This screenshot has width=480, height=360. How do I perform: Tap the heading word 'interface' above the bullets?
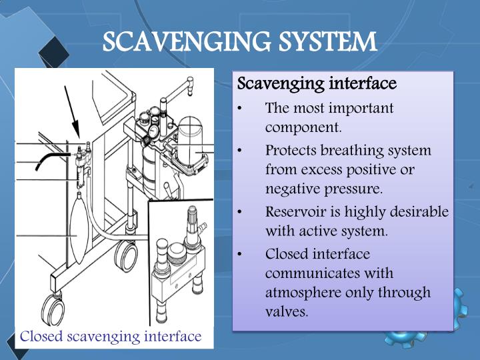pos(363,84)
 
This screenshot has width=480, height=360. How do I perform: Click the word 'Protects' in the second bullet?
pos(291,151)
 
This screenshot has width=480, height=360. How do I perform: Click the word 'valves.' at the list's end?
pos(287,311)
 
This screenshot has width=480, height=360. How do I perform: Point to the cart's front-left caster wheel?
pos(52,308)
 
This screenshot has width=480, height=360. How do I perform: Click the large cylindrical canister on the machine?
pos(192,140)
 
